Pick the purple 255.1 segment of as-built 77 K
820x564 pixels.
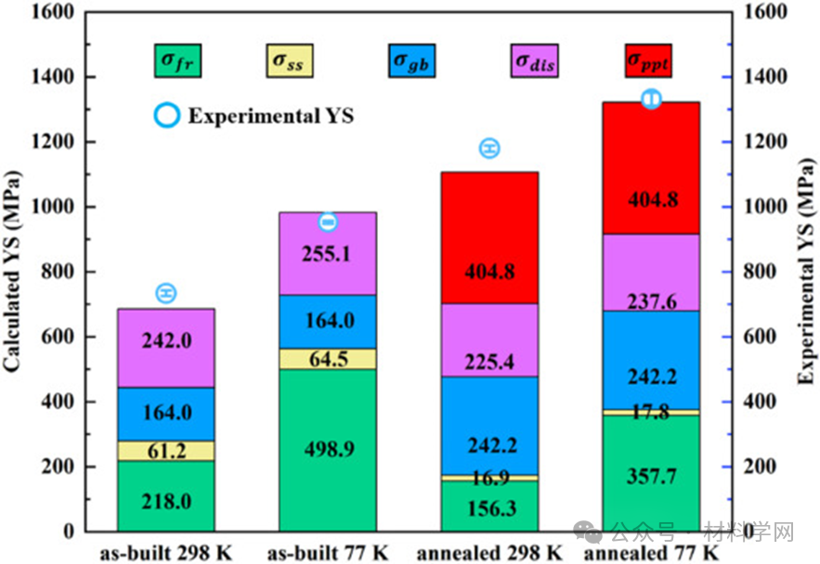328,253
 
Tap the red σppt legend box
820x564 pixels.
648,61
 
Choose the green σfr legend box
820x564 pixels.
179,61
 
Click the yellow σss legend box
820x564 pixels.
293,61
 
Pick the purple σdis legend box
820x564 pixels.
537,61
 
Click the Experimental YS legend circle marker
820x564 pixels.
167,116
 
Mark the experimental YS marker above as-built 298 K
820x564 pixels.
166,293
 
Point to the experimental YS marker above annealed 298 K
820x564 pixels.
489,148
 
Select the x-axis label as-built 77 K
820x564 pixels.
328,553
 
